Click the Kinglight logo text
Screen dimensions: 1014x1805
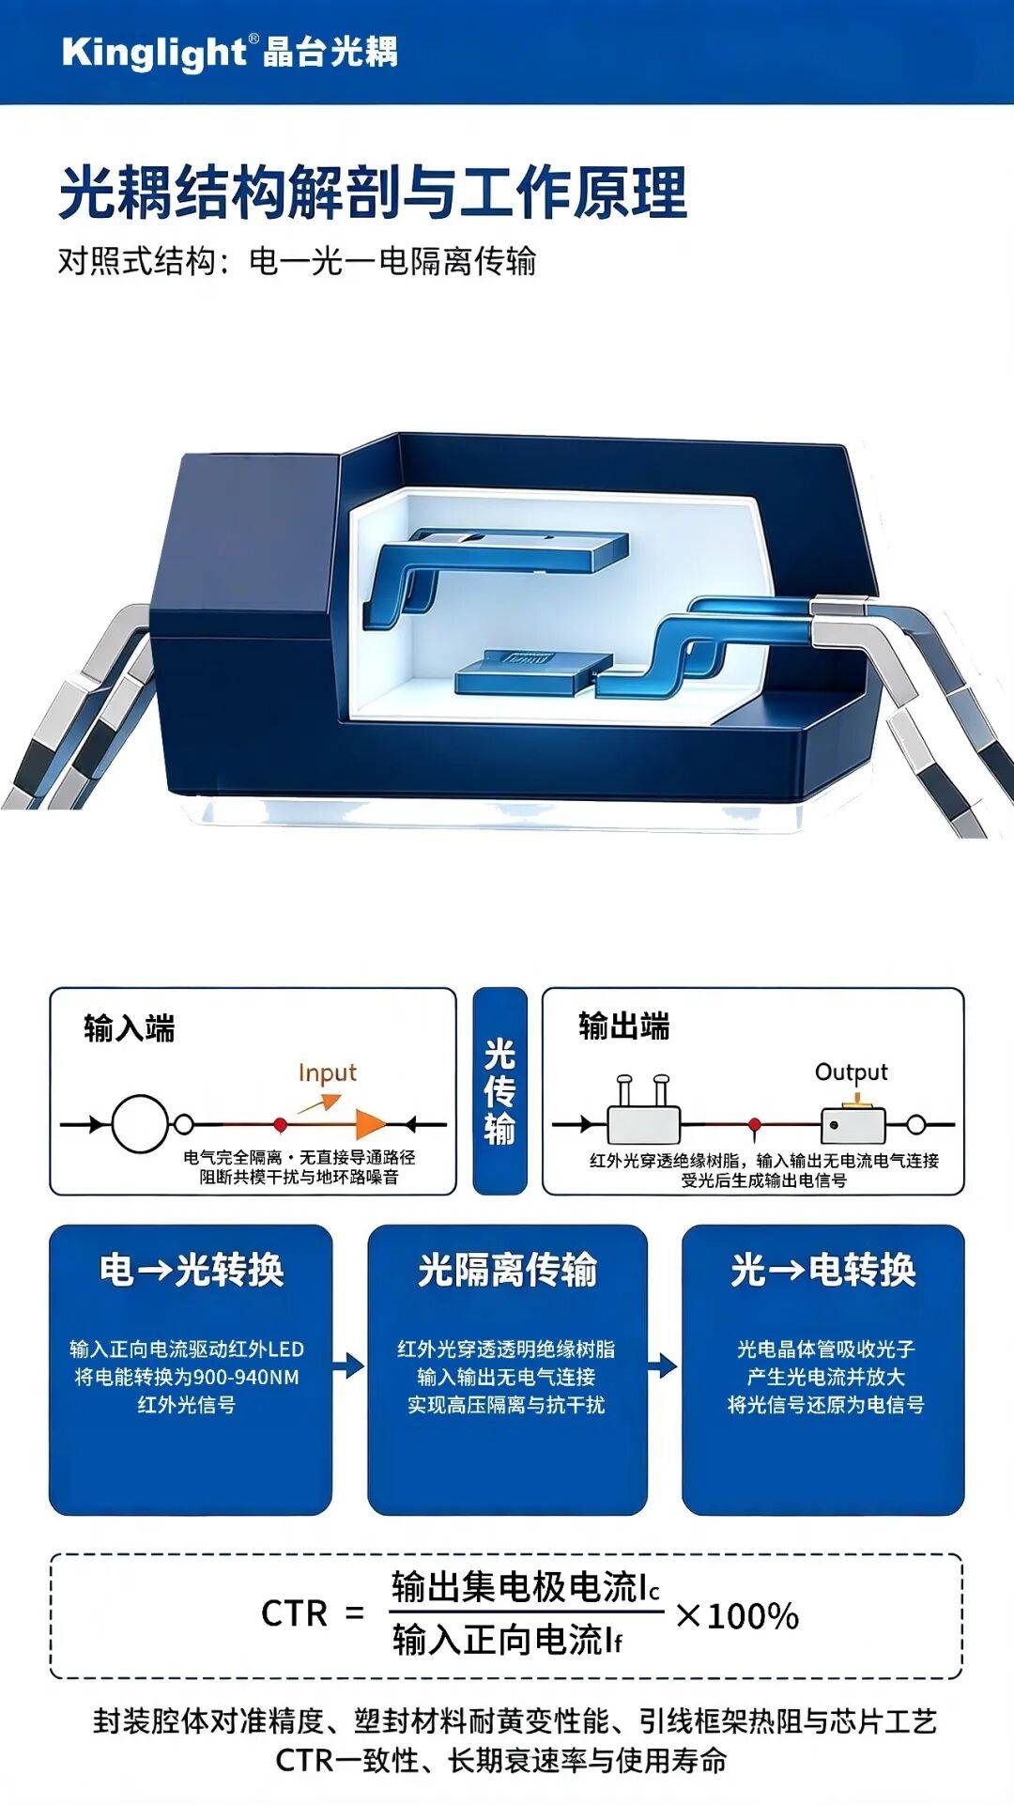pos(154,51)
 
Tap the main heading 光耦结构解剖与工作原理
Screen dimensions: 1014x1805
pos(373,193)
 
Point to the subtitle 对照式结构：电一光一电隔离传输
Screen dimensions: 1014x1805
pos(297,261)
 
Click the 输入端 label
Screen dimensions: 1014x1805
pos(130,1028)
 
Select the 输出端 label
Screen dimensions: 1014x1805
pos(624,1026)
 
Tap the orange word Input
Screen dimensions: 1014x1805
pos(328,1072)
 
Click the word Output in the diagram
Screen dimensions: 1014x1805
pos(851,1072)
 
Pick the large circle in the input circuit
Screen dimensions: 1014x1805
pos(141,1123)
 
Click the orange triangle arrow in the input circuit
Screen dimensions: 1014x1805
pos(370,1124)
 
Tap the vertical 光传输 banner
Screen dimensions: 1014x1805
pos(499,1091)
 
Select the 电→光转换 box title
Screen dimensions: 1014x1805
pos(192,1270)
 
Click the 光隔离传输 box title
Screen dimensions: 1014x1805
pos(507,1270)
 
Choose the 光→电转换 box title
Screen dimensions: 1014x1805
pos(823,1270)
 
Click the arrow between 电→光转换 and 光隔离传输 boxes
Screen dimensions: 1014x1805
pos(349,1365)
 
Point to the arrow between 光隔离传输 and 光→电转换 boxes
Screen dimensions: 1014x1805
pos(663,1365)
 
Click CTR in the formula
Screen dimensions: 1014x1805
pos(294,1614)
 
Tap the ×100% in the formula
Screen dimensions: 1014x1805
pos(737,1615)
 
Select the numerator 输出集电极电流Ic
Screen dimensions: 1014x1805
pos(526,1587)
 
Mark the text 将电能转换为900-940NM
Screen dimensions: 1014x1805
pos(187,1377)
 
